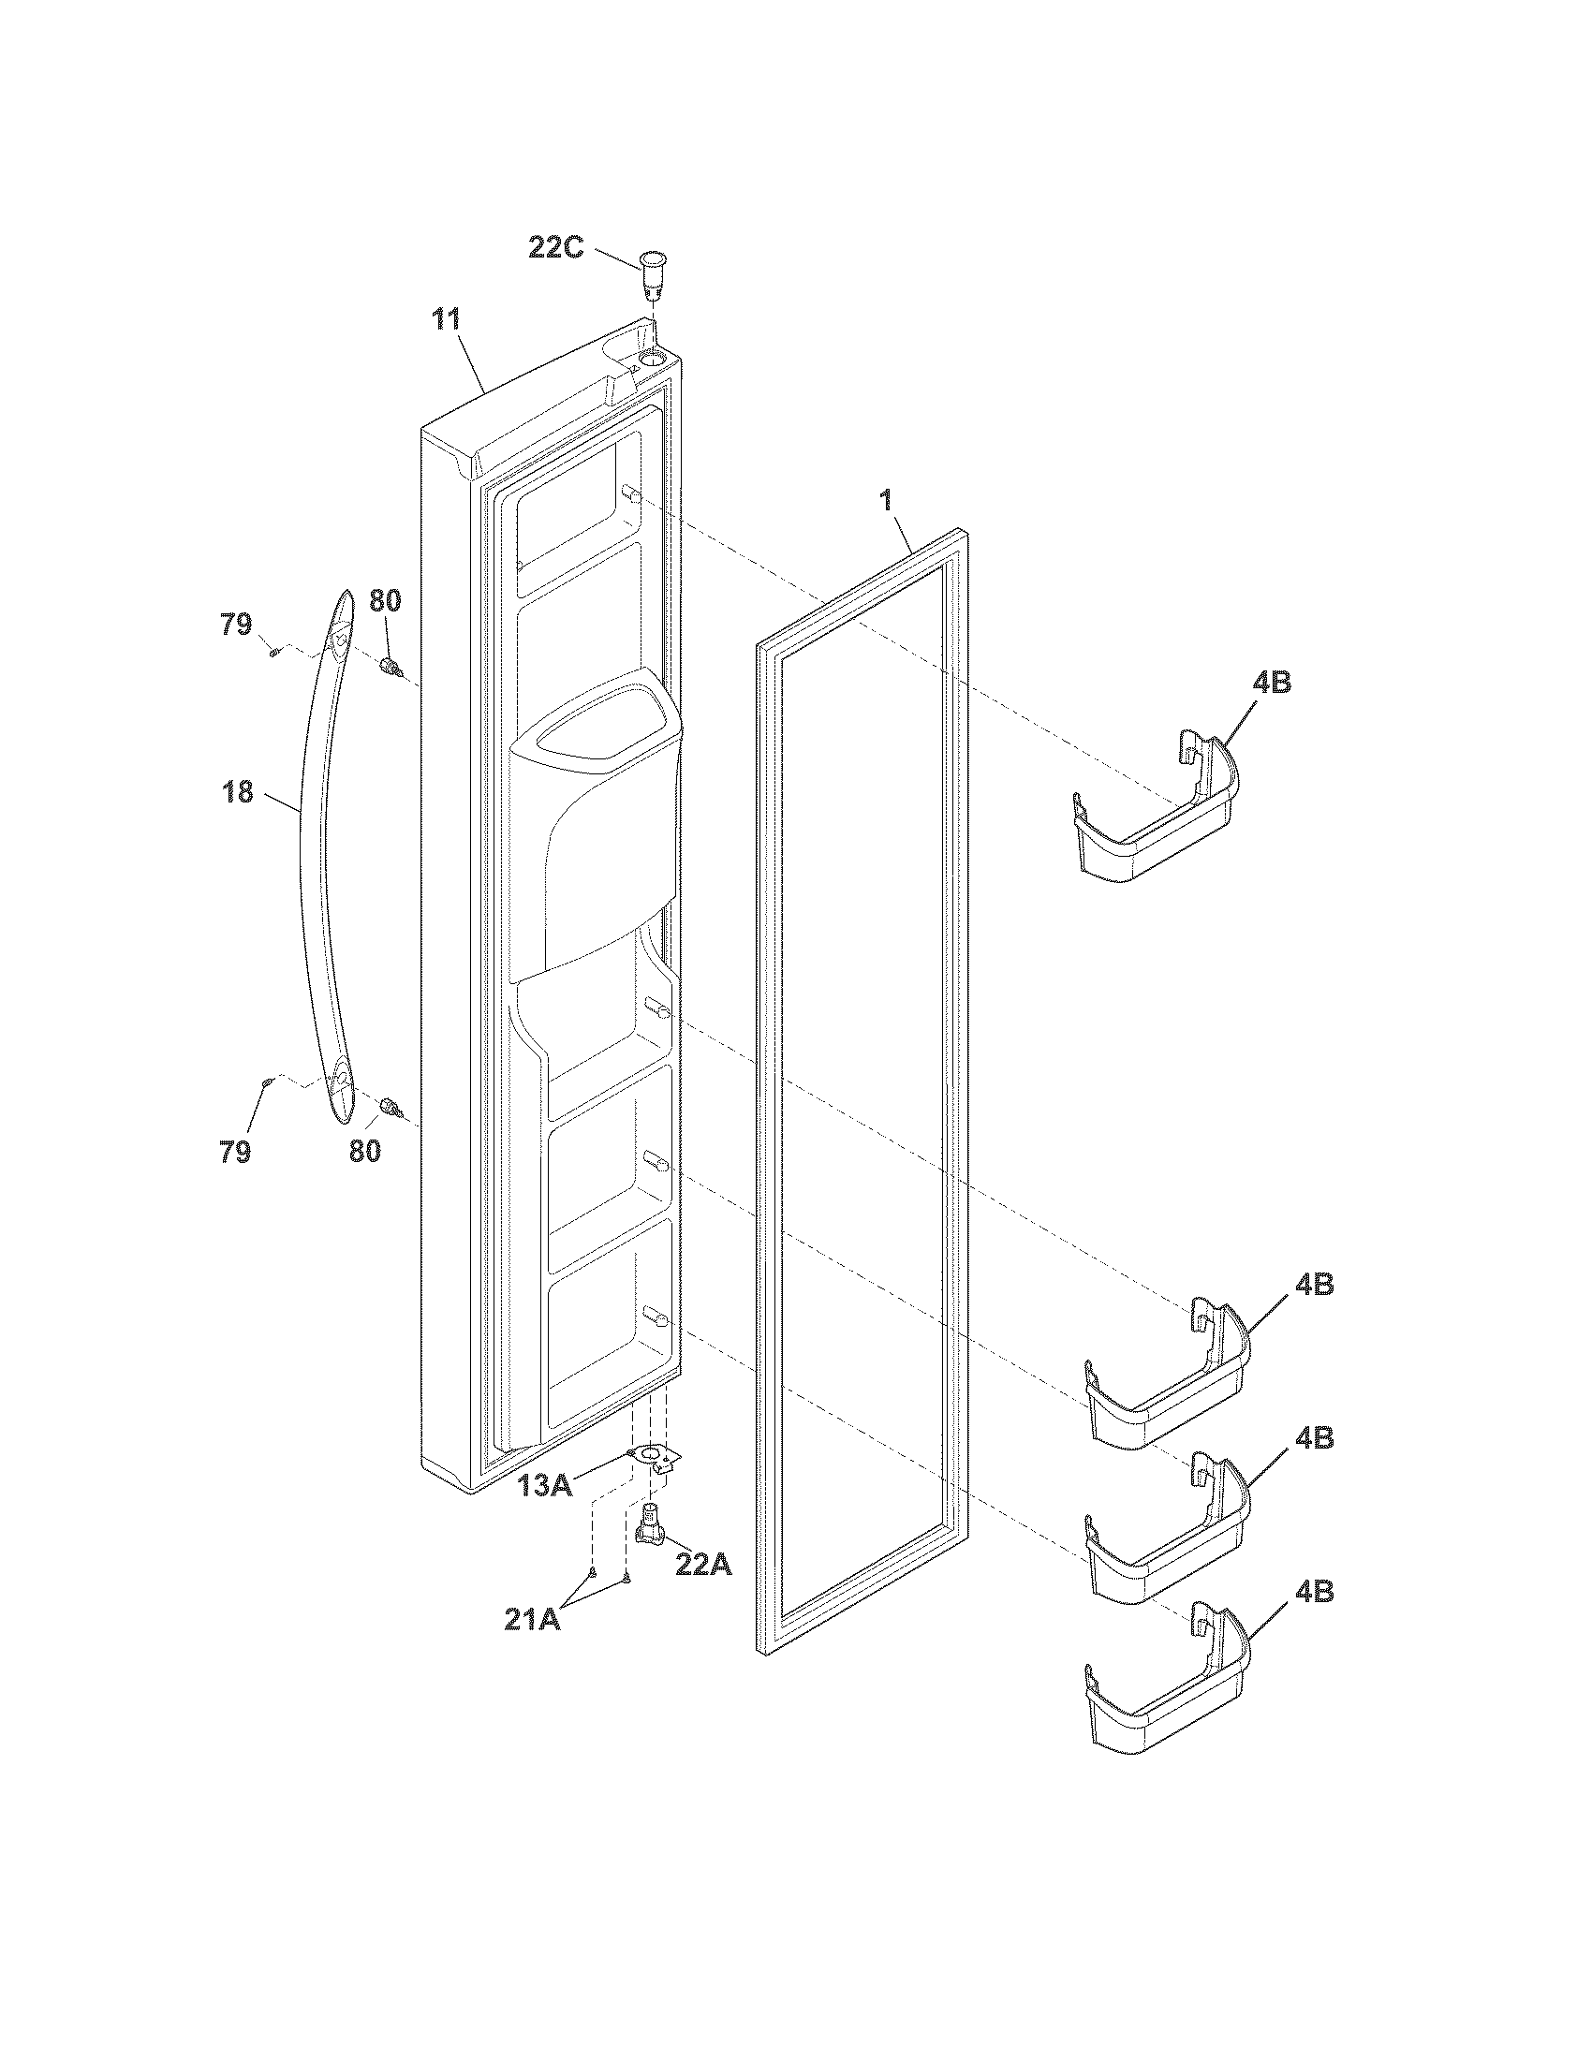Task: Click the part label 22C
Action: [x=555, y=248]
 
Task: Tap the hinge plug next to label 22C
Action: [x=651, y=273]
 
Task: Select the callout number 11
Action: [x=447, y=319]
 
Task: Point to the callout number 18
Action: [x=239, y=791]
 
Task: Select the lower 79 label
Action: [x=236, y=1151]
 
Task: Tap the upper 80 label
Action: [x=385, y=600]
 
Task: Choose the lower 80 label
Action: [x=365, y=1151]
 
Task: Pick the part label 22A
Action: [x=703, y=1564]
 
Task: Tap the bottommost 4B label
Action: [x=1314, y=1592]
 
